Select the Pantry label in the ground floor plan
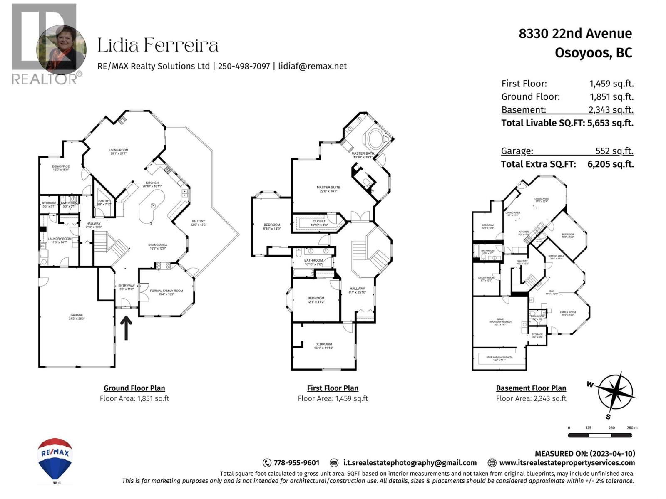pyautogui.click(x=104, y=203)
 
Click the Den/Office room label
pyautogui.click(x=61, y=168)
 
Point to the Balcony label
pyautogui.click(x=198, y=223)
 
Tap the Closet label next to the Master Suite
pyautogui.click(x=319, y=223)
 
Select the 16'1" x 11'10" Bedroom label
pyautogui.click(x=323, y=346)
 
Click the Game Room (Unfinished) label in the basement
pyautogui.click(x=500, y=321)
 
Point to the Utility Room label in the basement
pyautogui.click(x=486, y=279)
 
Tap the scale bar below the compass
pyautogui.click(x=600, y=435)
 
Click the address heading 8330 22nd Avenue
pyautogui.click(x=575, y=34)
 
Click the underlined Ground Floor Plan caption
pyautogui.click(x=134, y=388)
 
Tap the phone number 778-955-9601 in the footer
pyautogui.click(x=296, y=463)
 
